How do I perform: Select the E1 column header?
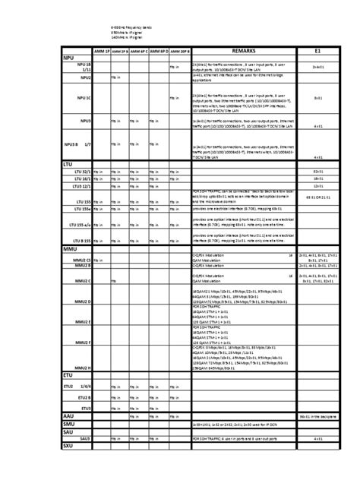click(x=319, y=51)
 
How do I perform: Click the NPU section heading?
click(x=70, y=58)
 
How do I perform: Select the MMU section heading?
click(x=70, y=248)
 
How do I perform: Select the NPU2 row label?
click(x=85, y=77)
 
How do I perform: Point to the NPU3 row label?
click(x=85, y=120)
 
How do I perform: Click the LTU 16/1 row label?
click(x=82, y=179)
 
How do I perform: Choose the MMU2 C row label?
click(x=84, y=280)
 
